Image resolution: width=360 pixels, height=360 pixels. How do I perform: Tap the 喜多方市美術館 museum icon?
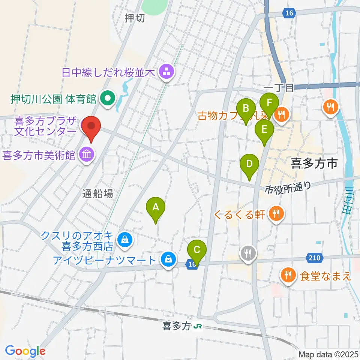87,154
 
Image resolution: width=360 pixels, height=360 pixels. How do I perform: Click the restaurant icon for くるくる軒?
276,214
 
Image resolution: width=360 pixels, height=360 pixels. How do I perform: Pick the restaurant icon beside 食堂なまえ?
288,276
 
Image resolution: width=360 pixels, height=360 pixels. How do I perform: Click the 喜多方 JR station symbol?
198,327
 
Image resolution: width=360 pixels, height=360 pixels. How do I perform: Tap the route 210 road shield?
315,258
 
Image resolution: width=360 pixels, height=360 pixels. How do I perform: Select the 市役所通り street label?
288,187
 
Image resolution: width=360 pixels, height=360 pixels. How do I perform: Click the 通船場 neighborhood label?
98,193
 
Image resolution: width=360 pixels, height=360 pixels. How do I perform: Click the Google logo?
25,351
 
